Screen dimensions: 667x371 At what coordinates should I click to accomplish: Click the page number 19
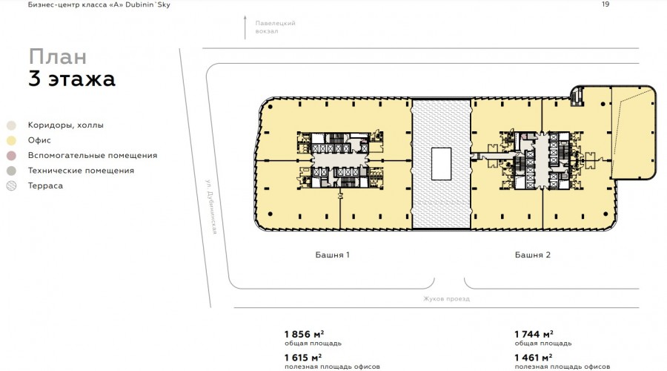click(x=605, y=4)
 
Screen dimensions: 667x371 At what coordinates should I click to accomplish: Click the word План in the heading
click(x=57, y=56)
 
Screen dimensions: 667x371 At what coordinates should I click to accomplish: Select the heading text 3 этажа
click(x=71, y=79)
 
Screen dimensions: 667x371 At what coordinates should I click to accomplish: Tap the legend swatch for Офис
click(x=11, y=140)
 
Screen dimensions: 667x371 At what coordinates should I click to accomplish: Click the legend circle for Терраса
click(x=11, y=185)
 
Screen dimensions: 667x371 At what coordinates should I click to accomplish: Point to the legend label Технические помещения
click(x=81, y=171)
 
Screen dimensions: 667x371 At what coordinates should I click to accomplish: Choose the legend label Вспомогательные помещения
click(x=93, y=156)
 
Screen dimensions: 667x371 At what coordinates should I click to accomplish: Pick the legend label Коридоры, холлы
click(x=65, y=125)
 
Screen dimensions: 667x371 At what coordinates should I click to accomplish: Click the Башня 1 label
click(x=332, y=255)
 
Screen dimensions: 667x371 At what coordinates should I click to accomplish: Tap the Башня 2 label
click(x=533, y=255)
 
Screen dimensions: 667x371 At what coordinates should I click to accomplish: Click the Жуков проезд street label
click(x=446, y=298)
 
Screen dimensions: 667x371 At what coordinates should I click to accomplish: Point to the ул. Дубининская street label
click(x=212, y=206)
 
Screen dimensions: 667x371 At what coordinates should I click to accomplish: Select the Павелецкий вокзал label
click(x=275, y=27)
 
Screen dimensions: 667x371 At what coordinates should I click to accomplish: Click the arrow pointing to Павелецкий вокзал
click(x=245, y=27)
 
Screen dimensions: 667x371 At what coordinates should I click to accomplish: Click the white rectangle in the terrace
click(x=441, y=164)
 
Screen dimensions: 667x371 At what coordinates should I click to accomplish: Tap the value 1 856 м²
click(x=304, y=335)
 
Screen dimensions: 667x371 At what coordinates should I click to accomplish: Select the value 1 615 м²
click(x=303, y=358)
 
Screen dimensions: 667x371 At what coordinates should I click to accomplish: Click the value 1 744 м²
click(x=534, y=335)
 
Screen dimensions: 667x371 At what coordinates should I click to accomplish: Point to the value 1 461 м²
click(x=534, y=358)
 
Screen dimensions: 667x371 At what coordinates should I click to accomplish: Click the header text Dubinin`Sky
click(x=147, y=4)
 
